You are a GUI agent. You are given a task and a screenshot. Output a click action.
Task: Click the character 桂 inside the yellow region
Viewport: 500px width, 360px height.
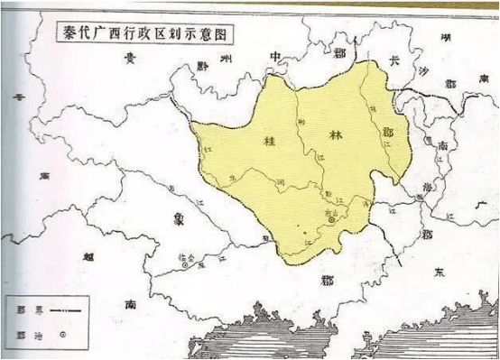(268, 141)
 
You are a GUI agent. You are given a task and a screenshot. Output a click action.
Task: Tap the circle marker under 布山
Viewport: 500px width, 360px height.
(331, 219)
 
